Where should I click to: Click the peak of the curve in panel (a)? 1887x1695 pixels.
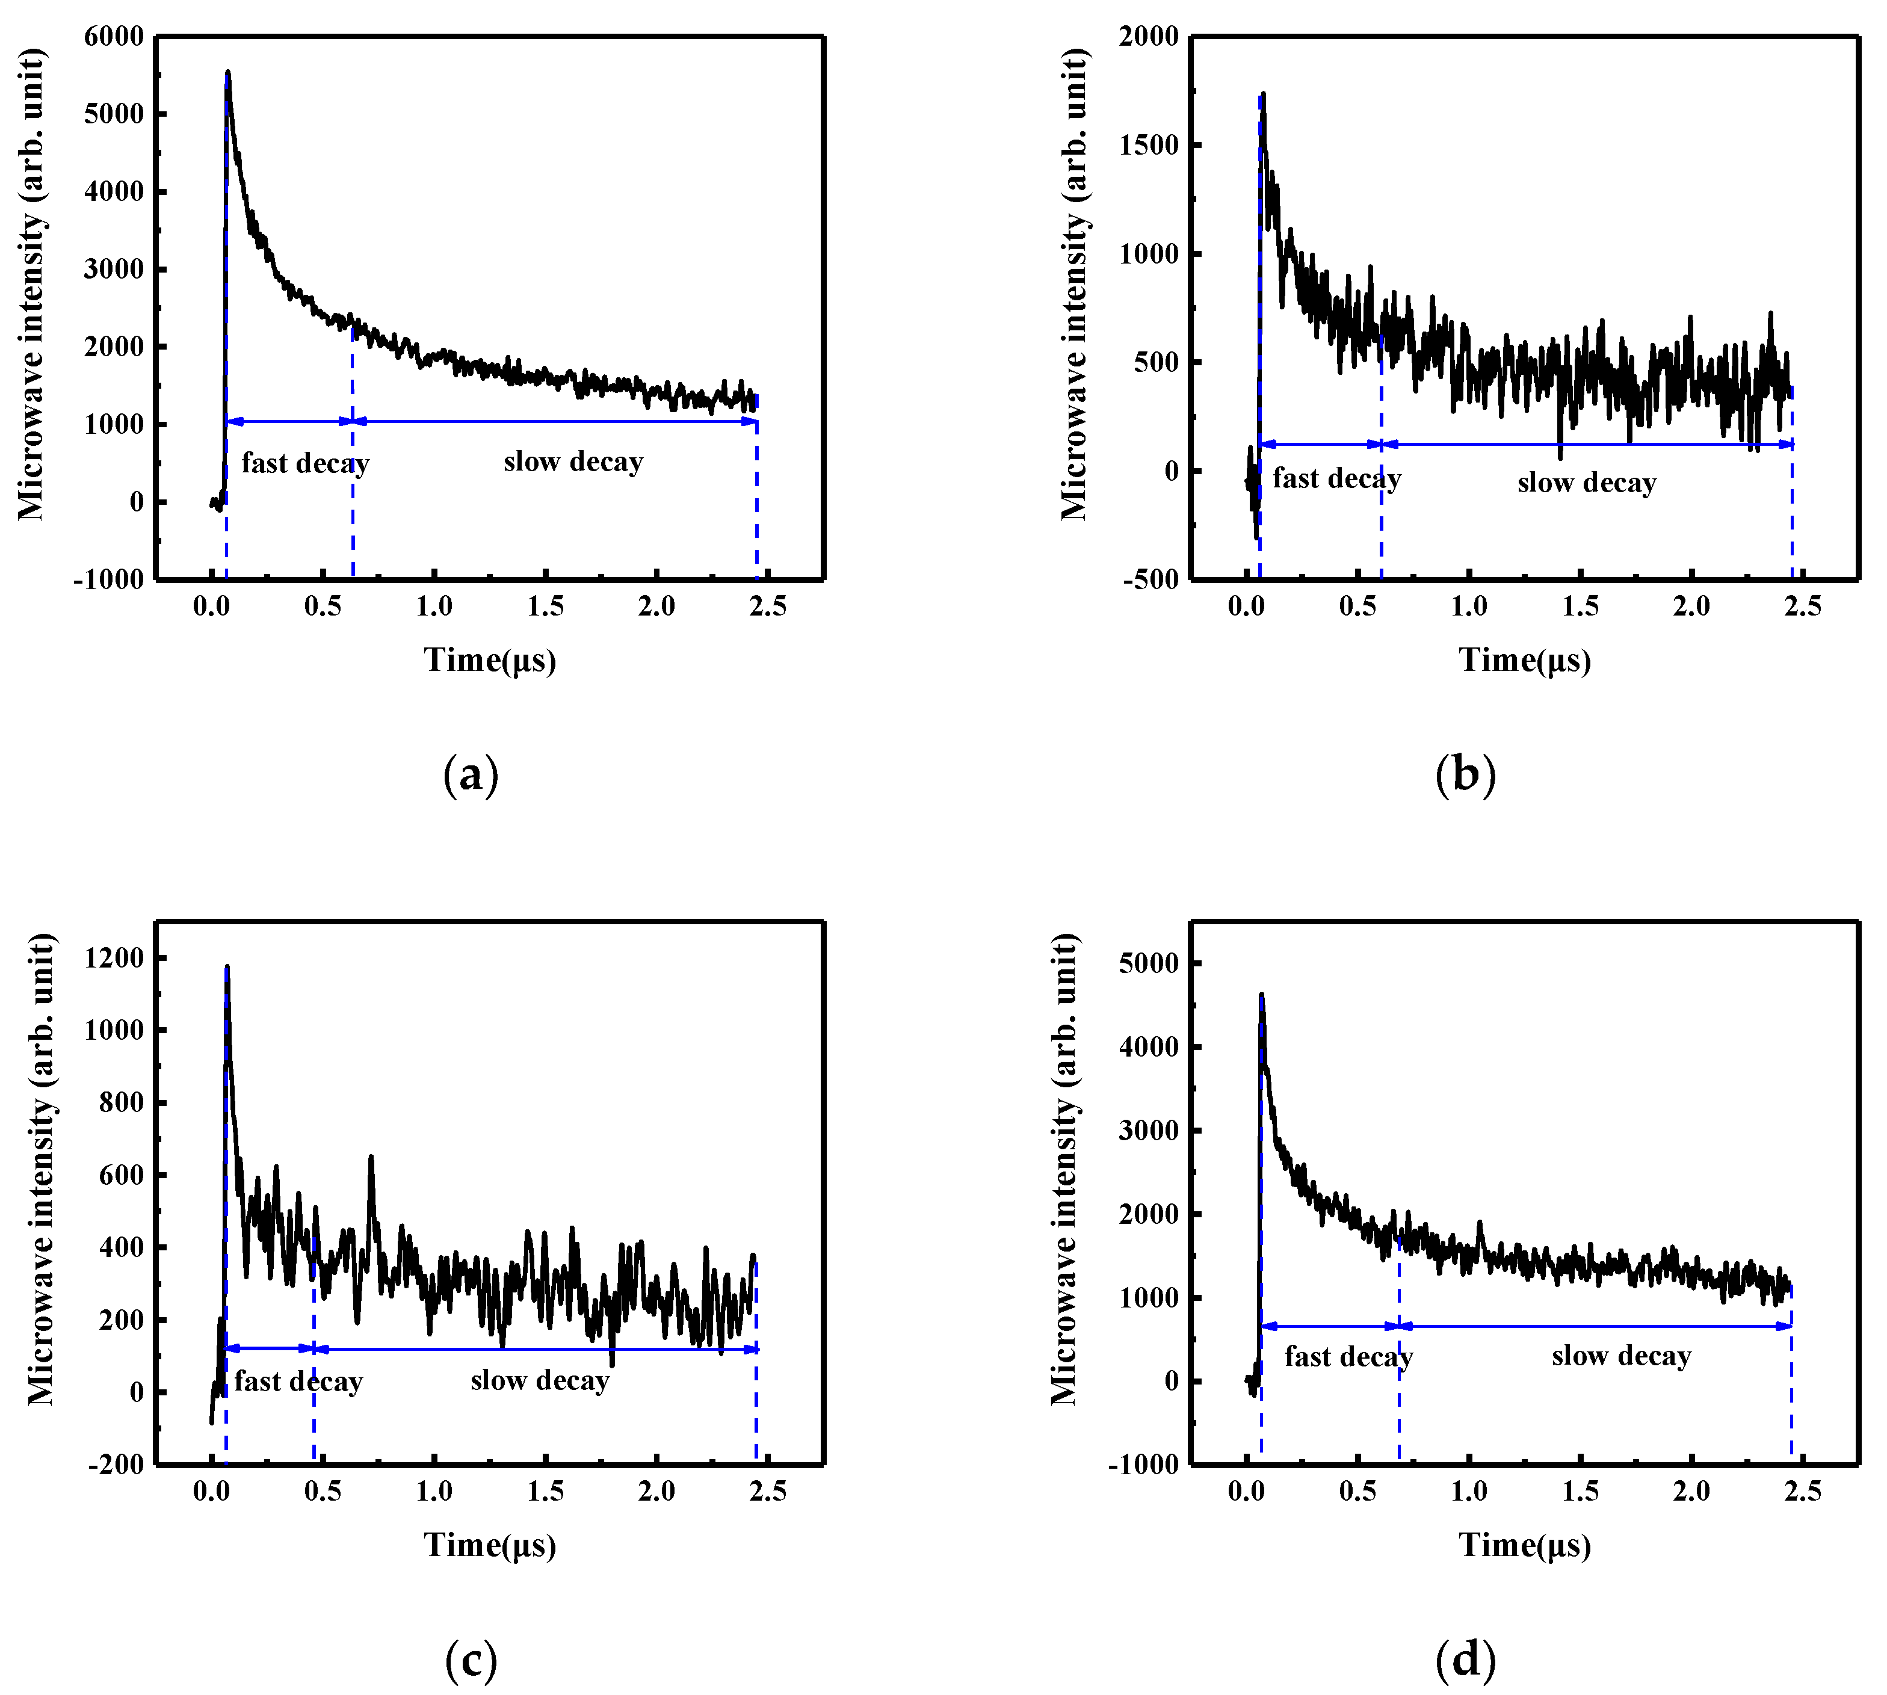(x=227, y=72)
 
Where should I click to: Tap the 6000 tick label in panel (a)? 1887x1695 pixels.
(x=114, y=36)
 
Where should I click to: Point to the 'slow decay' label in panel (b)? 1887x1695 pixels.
(x=1586, y=483)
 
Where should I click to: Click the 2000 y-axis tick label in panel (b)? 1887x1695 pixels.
(x=1149, y=36)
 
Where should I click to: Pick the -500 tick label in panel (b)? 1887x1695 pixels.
(x=1151, y=579)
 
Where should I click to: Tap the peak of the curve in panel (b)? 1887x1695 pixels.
(x=1263, y=94)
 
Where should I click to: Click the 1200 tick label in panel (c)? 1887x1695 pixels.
(x=114, y=957)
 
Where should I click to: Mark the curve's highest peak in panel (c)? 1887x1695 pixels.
(x=226, y=968)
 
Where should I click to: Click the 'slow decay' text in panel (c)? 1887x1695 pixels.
(x=539, y=1380)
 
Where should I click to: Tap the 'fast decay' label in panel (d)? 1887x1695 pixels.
(x=1348, y=1357)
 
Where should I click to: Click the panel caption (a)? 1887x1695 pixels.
(x=471, y=775)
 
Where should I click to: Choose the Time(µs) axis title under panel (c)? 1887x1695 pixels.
(x=490, y=1545)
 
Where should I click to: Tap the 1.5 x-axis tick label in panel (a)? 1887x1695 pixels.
(x=545, y=607)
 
